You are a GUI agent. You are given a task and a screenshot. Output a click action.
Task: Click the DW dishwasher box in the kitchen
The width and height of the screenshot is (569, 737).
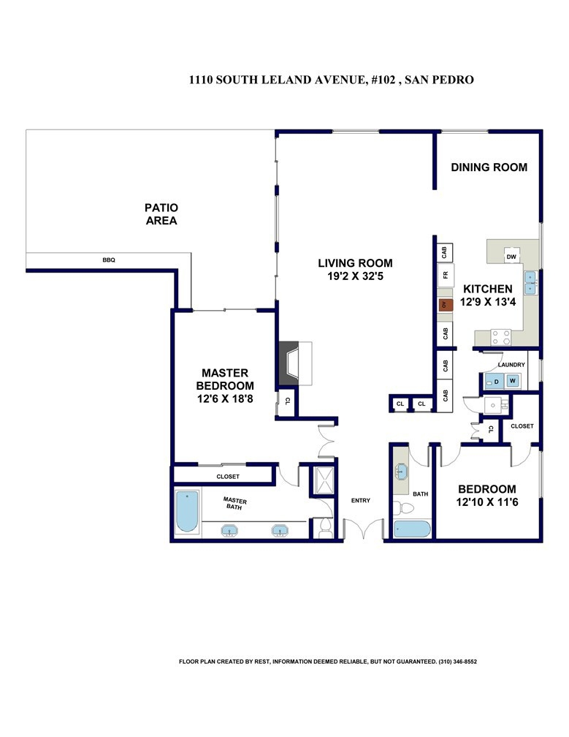(511, 256)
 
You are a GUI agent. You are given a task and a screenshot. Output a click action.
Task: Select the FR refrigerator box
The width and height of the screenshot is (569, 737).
(446, 275)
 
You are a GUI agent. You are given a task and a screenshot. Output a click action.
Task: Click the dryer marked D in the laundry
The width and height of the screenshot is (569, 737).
(494, 381)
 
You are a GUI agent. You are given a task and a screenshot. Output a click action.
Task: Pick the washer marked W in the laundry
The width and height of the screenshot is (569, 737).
(513, 381)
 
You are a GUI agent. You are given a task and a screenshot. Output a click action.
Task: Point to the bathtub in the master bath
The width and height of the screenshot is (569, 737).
(187, 512)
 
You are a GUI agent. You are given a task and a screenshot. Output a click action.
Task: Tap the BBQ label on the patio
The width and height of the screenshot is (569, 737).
(109, 260)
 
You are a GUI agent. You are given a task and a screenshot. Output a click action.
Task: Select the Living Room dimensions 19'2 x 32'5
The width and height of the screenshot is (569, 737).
(356, 276)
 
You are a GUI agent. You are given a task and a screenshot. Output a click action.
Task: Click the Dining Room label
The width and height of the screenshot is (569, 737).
(489, 167)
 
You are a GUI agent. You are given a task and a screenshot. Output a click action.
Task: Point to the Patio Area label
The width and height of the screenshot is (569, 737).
(161, 213)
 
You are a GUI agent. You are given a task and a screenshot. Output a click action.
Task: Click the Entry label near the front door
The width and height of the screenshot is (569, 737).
(361, 501)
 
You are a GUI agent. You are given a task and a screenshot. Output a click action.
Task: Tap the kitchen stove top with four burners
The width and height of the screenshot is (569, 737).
(501, 337)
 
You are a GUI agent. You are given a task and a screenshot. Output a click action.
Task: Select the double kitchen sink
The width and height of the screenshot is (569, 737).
(531, 282)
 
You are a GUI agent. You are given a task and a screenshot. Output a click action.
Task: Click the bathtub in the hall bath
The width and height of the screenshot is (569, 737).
(412, 529)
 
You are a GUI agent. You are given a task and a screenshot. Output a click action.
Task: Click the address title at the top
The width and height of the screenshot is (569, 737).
(332, 80)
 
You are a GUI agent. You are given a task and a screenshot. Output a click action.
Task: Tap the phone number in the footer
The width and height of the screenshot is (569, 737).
(458, 661)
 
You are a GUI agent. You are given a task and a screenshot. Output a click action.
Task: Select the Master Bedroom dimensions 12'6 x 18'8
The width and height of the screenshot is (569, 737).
(225, 398)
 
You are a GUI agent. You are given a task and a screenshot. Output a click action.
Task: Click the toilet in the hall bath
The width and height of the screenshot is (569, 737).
(403, 507)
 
